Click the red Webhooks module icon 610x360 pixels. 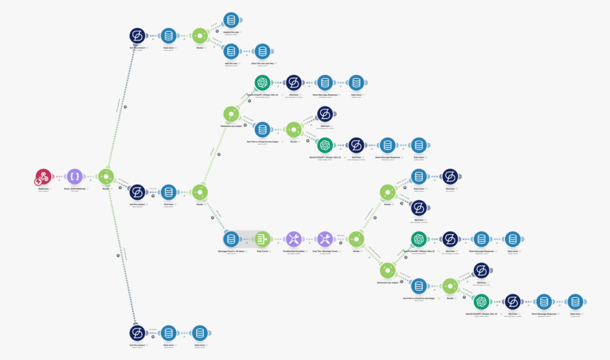[x=43, y=177]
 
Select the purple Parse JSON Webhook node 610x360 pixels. [x=75, y=177]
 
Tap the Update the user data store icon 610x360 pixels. [x=231, y=20]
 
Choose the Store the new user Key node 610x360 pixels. [x=262, y=51]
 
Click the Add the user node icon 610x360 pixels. [x=231, y=51]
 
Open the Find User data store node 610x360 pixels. [x=168, y=192]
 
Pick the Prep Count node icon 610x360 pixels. [x=262, y=239]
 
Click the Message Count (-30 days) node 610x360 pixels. [x=231, y=239]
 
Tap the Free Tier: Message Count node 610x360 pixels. [x=325, y=239]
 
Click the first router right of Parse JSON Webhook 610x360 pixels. [x=106, y=177]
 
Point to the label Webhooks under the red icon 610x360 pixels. [x=43, y=188]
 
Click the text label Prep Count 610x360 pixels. [x=262, y=251]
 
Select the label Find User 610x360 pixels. [x=168, y=204]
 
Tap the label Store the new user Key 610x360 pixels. [x=262, y=63]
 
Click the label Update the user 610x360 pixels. [x=231, y=32]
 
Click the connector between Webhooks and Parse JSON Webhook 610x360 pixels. [x=59, y=177]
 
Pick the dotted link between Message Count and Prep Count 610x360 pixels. [x=246, y=239]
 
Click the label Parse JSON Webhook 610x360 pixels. [x=75, y=188]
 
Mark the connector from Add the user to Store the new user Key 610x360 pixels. [x=246, y=51]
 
